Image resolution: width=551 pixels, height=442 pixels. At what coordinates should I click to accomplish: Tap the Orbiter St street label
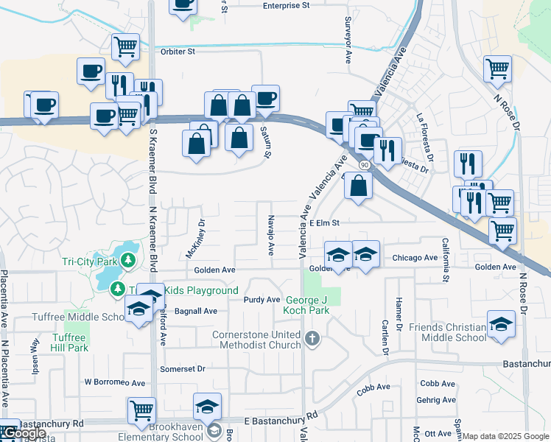coord(178,52)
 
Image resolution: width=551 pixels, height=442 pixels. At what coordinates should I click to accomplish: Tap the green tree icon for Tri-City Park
coord(128,260)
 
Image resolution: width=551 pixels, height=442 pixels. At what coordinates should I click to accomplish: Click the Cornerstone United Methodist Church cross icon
coord(312,340)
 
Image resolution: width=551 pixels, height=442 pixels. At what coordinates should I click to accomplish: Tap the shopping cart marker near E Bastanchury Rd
coord(141,410)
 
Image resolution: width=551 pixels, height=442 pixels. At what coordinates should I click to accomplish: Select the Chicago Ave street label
coord(415,258)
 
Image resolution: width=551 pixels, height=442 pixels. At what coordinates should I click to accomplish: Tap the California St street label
coord(445,259)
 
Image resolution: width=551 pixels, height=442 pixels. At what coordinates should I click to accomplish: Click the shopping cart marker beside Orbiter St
coord(125,46)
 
